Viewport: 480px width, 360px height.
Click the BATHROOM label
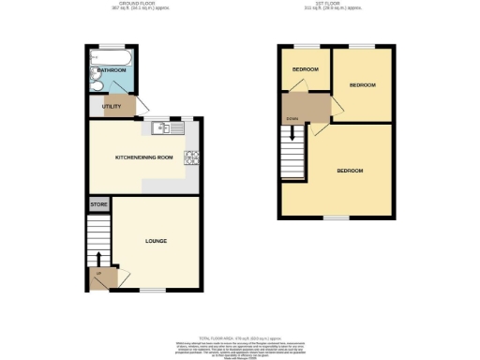[x=112, y=68]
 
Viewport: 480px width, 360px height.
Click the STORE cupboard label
[x=97, y=203]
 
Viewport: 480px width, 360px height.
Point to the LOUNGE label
[x=156, y=241]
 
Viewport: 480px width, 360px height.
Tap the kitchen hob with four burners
[x=191, y=158]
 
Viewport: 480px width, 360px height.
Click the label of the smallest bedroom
[x=305, y=69]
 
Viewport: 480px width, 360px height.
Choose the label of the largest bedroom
[x=350, y=171]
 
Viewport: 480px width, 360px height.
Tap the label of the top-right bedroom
[x=362, y=84]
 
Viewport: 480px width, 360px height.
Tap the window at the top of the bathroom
[x=112, y=45]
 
